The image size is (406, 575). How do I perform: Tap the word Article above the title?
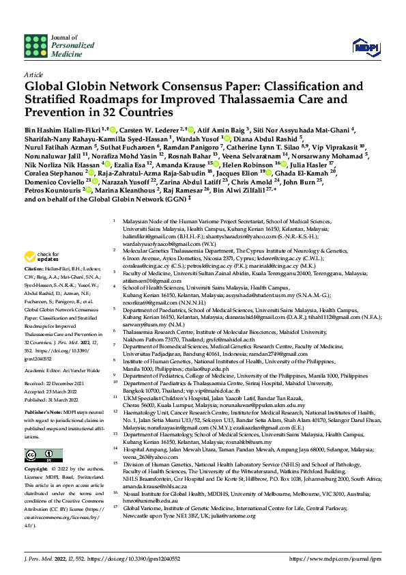coord(33,74)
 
